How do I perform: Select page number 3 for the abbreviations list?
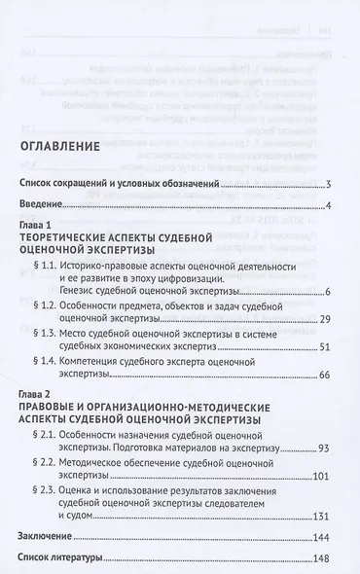point(329,184)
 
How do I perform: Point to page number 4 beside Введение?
point(329,204)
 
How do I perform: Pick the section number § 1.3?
point(49,361)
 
